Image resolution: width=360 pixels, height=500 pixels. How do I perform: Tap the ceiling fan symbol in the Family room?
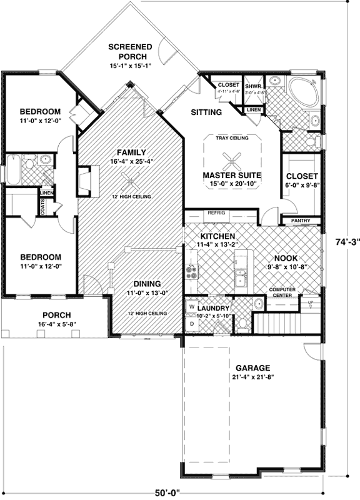(x=130, y=183)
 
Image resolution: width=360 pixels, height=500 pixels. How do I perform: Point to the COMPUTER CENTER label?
(x=282, y=292)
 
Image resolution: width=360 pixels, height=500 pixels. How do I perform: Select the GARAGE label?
(x=253, y=368)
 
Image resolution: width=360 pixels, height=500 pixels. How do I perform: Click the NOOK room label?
(x=286, y=258)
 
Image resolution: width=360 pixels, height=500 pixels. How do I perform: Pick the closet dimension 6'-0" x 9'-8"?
(x=302, y=186)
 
